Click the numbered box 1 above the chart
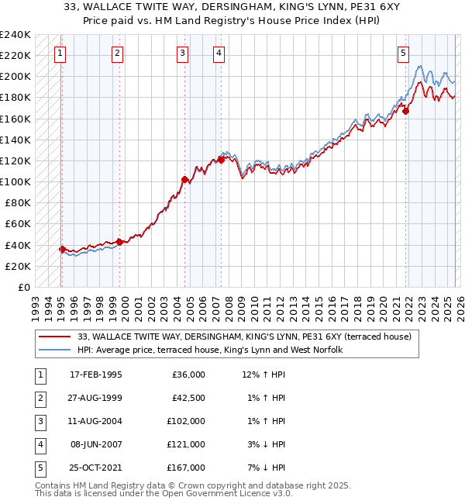60,54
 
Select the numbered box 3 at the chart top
181,54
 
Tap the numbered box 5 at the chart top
404,54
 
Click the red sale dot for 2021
406,111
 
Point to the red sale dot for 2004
184,179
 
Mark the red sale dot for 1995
62,249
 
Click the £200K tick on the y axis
15,77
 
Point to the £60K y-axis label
18,224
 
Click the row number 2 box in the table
38,398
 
